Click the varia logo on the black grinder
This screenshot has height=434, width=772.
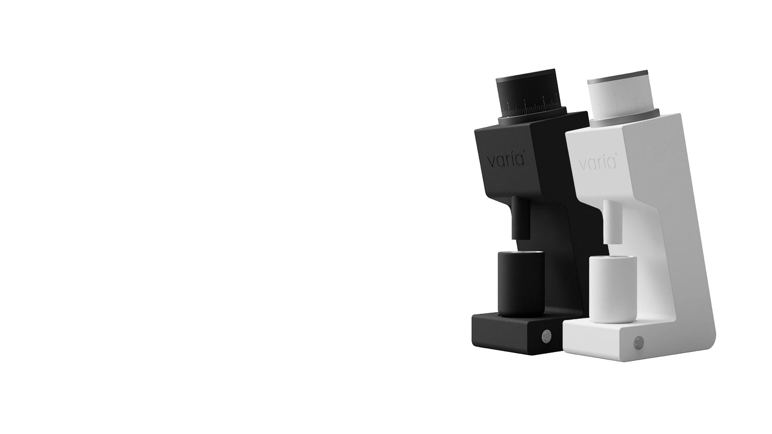[x=506, y=160]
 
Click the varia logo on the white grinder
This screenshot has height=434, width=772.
[x=597, y=162]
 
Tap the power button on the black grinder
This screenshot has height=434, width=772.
[x=546, y=336]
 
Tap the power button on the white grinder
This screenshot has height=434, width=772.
[x=638, y=342]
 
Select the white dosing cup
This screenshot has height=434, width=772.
[x=612, y=290]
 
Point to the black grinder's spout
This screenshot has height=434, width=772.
[x=520, y=218]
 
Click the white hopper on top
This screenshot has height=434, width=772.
[x=619, y=95]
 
